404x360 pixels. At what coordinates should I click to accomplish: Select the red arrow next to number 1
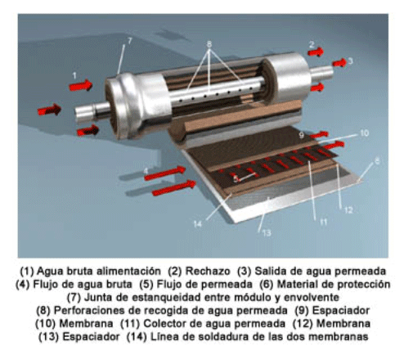point(80,84)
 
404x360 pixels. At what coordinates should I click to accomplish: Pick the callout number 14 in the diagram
point(198,222)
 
